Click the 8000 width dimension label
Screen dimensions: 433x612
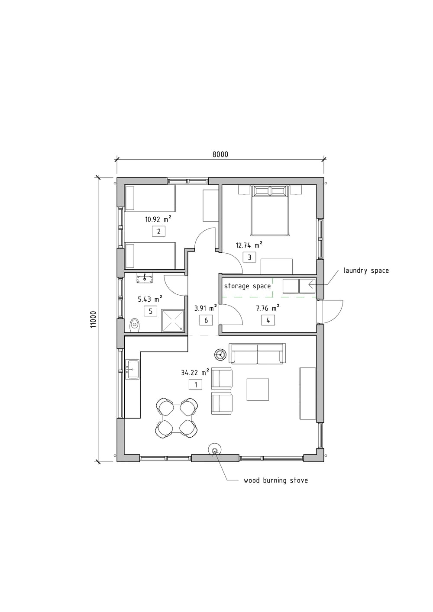point(220,155)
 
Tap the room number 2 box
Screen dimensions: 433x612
point(158,232)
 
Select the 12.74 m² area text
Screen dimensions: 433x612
point(249,245)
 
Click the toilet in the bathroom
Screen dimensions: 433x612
point(134,325)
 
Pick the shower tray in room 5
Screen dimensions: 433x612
point(173,320)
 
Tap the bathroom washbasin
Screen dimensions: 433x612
point(144,279)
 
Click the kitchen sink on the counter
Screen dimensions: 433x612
point(132,369)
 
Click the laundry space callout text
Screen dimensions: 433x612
point(366,271)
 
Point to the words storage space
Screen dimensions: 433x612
point(247,286)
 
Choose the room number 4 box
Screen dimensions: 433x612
point(268,320)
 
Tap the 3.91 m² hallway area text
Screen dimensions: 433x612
point(206,308)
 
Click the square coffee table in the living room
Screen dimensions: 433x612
point(258,390)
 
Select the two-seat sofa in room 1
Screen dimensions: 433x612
point(257,354)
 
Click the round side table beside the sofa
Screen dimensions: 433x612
point(220,355)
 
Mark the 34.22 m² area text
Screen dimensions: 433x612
point(195,372)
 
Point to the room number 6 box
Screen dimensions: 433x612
point(206,320)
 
